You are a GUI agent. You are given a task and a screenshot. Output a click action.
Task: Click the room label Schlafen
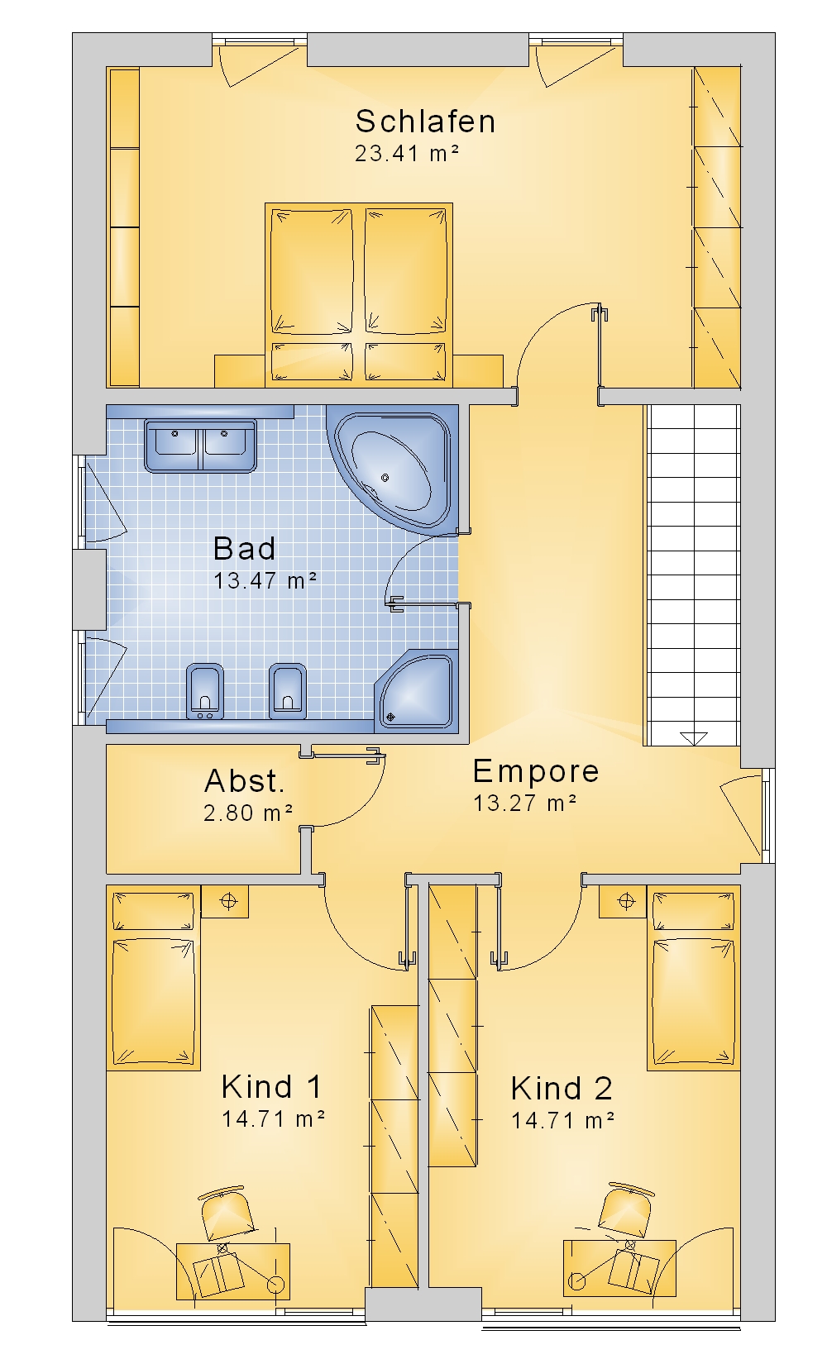point(425,122)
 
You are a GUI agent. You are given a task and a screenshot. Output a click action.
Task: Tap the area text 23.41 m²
point(406,154)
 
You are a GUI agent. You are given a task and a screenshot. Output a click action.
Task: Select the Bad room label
point(245,548)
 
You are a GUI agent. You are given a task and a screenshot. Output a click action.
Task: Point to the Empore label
point(536,772)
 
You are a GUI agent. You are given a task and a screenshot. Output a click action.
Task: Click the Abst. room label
point(245,781)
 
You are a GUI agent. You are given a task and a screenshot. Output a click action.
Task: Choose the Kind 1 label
point(271,1086)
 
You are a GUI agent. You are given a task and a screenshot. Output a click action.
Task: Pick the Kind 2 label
point(562,1088)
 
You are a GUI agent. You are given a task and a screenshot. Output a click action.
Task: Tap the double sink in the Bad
point(199,446)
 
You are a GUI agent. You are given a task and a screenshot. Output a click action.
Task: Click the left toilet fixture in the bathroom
point(204,692)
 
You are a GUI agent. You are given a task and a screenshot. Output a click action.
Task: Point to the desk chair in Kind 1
point(226,1213)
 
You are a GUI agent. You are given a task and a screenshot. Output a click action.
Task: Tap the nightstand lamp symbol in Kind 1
point(229,902)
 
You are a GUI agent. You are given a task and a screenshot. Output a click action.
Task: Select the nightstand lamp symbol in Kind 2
point(626,902)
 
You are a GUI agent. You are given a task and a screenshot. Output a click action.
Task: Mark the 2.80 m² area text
point(248,813)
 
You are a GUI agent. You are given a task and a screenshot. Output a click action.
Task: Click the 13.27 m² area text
point(524,803)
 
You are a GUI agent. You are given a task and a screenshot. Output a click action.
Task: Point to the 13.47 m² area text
point(265,580)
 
